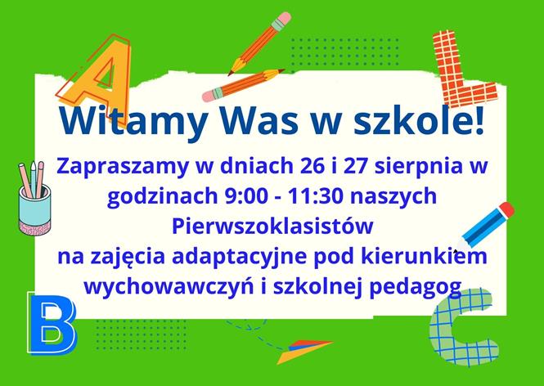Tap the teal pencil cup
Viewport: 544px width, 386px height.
click(35, 205)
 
